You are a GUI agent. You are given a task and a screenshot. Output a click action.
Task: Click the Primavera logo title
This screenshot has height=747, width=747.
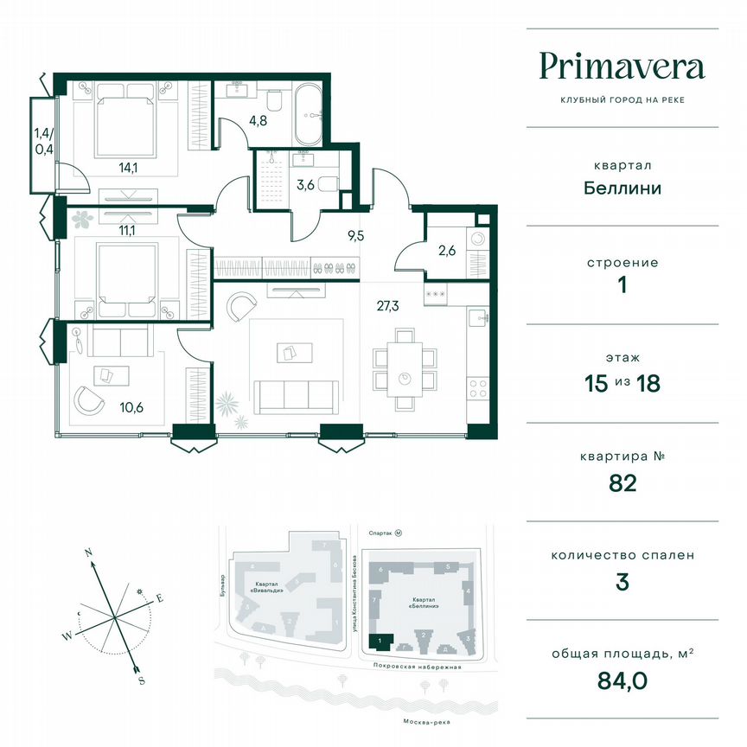pos(622,66)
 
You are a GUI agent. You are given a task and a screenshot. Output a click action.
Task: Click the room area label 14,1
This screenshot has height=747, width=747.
pos(129,169)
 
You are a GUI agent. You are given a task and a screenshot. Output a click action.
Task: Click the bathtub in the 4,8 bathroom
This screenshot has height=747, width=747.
pos(308,116)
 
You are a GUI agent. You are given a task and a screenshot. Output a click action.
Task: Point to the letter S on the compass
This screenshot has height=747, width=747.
pos(141,680)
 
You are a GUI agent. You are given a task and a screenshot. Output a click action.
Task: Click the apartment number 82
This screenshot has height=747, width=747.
pos(622,482)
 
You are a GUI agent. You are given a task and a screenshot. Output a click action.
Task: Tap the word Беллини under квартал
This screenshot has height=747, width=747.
pos(622,188)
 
